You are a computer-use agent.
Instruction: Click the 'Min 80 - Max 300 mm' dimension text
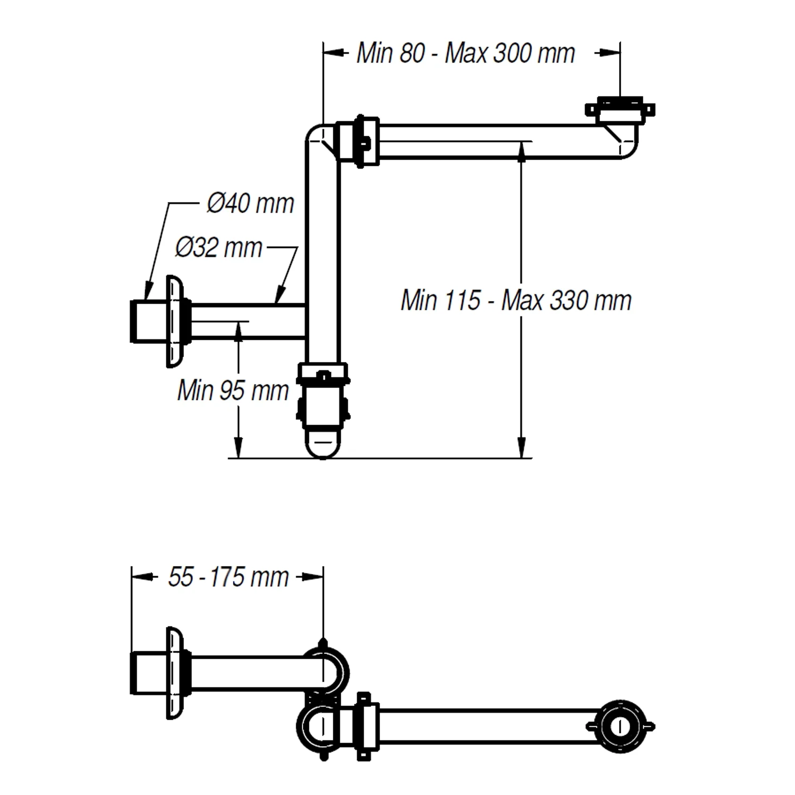(x=465, y=53)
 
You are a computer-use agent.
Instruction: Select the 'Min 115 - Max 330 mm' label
(x=516, y=301)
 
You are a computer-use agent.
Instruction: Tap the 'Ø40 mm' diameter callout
(x=250, y=204)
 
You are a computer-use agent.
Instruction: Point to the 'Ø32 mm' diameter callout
(x=219, y=248)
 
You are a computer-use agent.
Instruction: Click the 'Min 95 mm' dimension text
(x=233, y=391)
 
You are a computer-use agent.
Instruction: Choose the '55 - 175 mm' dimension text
(x=228, y=577)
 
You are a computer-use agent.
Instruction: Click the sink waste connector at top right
(x=620, y=110)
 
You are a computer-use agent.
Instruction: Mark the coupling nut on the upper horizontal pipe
(x=359, y=142)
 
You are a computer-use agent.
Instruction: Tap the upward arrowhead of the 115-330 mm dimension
(x=522, y=151)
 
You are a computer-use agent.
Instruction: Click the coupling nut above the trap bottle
(x=322, y=374)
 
